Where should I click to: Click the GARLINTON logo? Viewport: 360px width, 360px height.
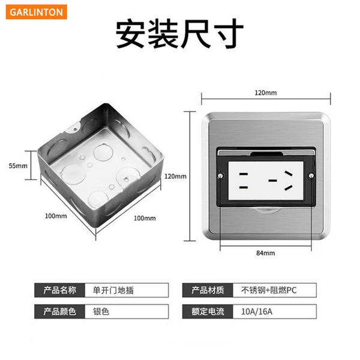point(37,12)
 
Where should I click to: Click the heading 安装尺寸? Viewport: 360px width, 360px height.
point(179,34)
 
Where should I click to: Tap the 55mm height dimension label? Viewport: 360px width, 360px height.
point(18,166)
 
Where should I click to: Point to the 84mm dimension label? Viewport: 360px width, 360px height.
point(266,253)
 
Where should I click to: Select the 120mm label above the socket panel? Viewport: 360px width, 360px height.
point(266,93)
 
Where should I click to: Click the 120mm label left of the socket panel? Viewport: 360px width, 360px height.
point(175,176)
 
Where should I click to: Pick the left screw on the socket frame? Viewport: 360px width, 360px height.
point(220,176)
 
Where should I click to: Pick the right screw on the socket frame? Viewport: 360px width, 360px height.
point(311,176)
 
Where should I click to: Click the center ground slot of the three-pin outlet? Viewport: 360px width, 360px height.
point(273,181)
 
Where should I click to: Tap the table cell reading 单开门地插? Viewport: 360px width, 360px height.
point(127,290)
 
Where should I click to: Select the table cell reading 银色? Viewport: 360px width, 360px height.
point(127,311)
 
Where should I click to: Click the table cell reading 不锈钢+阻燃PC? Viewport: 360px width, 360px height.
point(275,290)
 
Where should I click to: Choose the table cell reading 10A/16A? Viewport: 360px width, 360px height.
point(275,311)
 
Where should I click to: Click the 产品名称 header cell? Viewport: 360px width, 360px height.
point(59,290)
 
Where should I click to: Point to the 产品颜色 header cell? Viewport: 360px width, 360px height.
point(59,311)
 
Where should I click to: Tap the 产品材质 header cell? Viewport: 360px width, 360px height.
point(208,290)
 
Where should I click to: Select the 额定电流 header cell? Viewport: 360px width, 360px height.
point(208,311)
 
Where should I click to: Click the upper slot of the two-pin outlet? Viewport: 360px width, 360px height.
point(244,174)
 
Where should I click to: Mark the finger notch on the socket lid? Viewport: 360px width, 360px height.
point(266,154)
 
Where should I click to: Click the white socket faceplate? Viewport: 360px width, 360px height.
point(266,181)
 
